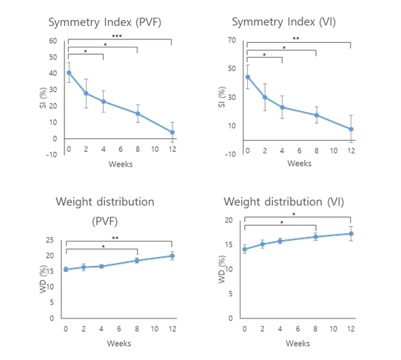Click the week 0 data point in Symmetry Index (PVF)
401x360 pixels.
tap(69, 73)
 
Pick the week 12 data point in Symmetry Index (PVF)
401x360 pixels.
tap(172, 133)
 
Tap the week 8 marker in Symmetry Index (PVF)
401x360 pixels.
tap(138, 113)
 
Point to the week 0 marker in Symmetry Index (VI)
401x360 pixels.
tap(248, 76)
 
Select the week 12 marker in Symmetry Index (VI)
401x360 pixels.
tap(351, 129)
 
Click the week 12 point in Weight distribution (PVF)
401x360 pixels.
tap(172, 256)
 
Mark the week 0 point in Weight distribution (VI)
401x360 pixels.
tap(245, 249)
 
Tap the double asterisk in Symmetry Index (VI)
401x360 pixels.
tap(296, 39)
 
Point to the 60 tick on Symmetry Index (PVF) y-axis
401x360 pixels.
tap(53, 41)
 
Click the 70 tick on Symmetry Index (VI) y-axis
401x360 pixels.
tap(232, 41)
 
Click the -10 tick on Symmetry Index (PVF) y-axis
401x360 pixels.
tap(51, 154)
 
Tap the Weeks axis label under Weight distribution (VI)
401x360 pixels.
tap(297, 343)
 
